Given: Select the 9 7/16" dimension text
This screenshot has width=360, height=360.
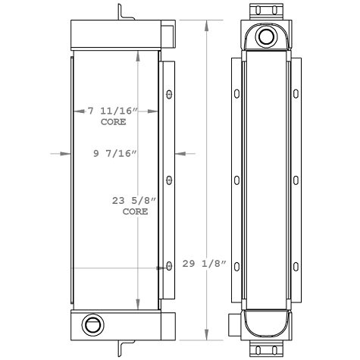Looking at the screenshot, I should click(114, 154).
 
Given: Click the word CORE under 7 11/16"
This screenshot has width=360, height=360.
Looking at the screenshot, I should click(113, 121).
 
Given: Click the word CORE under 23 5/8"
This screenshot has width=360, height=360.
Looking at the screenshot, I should click(135, 211).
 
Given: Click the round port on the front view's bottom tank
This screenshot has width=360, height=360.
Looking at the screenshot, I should click(92, 325).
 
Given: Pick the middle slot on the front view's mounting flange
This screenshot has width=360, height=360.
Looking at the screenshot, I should click(168, 180).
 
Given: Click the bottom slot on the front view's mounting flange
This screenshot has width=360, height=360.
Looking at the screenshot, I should click(168, 265).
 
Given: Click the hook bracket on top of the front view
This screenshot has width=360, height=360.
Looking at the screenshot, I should click(121, 13).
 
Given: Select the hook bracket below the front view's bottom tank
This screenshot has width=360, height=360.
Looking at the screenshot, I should click(121, 348).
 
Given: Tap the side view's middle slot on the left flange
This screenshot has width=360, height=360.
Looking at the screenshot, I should click(237, 180).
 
